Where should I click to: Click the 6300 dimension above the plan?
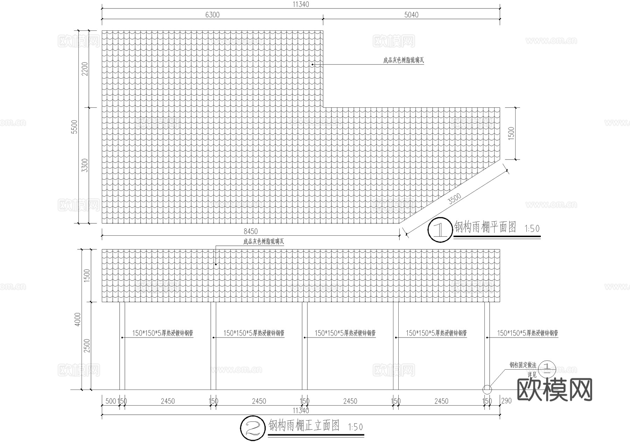point(212,15)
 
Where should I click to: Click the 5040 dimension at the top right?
point(411,15)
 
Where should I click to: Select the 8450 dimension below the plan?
point(251,231)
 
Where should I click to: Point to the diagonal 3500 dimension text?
point(455,199)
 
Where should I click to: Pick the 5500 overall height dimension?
point(74,127)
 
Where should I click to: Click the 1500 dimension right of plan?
point(511,134)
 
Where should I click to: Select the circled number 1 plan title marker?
point(440,230)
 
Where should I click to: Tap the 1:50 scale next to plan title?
point(532,229)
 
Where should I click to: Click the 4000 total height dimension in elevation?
point(78,319)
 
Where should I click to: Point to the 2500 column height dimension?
point(87,345)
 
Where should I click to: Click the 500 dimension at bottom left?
point(110,401)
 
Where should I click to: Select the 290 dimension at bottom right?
point(506,401)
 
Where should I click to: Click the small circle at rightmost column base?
point(487,389)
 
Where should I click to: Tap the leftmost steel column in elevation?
point(122,345)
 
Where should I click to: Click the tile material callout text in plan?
point(404,60)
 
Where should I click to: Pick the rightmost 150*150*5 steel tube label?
point(527,333)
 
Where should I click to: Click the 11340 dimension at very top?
point(301,5)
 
